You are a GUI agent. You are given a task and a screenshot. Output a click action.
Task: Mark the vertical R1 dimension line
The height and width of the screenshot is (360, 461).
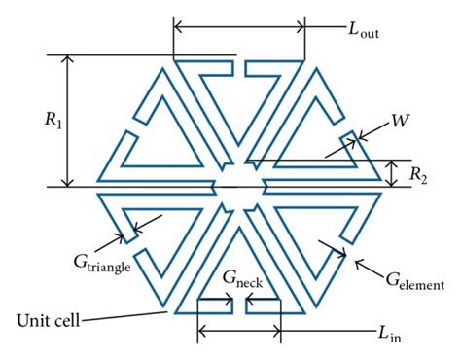click(x=66, y=121)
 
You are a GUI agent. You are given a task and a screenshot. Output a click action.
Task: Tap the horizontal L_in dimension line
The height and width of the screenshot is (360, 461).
click(x=239, y=332)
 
